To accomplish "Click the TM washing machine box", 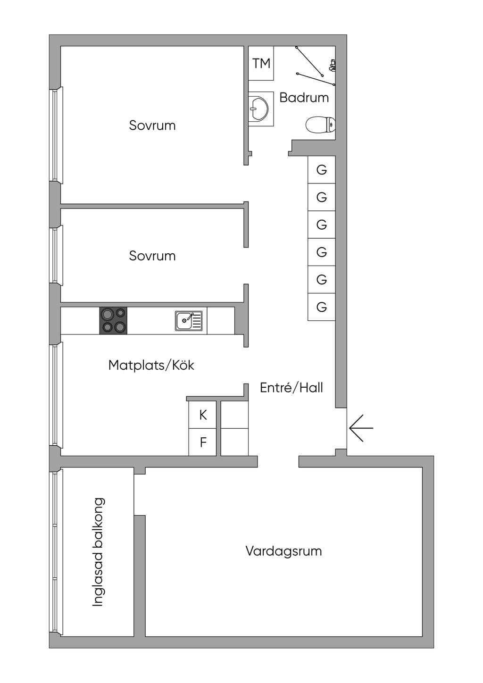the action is [x=261, y=63].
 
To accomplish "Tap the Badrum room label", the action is [x=304, y=98].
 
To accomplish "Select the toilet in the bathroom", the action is [x=320, y=125].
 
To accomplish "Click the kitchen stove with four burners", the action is [x=113, y=320].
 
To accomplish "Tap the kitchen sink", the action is [x=189, y=321].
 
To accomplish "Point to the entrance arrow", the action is [x=361, y=428].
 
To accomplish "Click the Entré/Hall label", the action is [x=291, y=388].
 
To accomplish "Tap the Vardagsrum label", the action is [x=283, y=551].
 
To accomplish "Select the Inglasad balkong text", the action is [x=98, y=552].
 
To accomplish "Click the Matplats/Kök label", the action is [x=151, y=365].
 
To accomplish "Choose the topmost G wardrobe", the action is [x=322, y=169].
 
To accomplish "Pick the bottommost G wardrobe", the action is [x=322, y=307].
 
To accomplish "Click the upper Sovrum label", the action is [x=152, y=125].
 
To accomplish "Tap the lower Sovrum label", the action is [x=152, y=256].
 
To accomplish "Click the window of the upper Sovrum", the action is [x=56, y=135].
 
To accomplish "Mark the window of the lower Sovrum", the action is [x=56, y=256].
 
